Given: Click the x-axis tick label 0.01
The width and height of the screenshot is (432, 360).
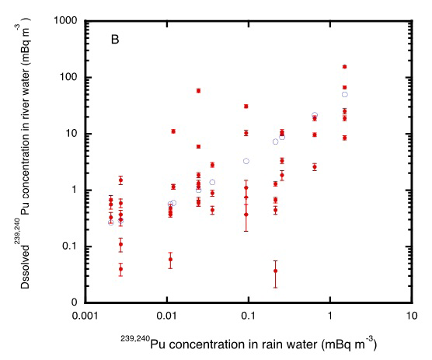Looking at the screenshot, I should coord(166,318).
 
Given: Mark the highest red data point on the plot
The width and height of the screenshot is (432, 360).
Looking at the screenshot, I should coord(344,67).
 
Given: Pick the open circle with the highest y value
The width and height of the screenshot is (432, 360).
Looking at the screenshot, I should coord(344,95).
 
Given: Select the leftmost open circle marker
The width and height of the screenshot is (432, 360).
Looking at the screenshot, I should coord(111,222).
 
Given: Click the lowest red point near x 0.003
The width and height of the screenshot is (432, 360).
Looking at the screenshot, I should coord(120,269).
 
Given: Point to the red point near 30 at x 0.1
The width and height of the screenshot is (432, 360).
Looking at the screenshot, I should coord(246,107).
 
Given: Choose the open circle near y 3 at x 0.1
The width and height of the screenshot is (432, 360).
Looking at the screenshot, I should coord(246,161).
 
